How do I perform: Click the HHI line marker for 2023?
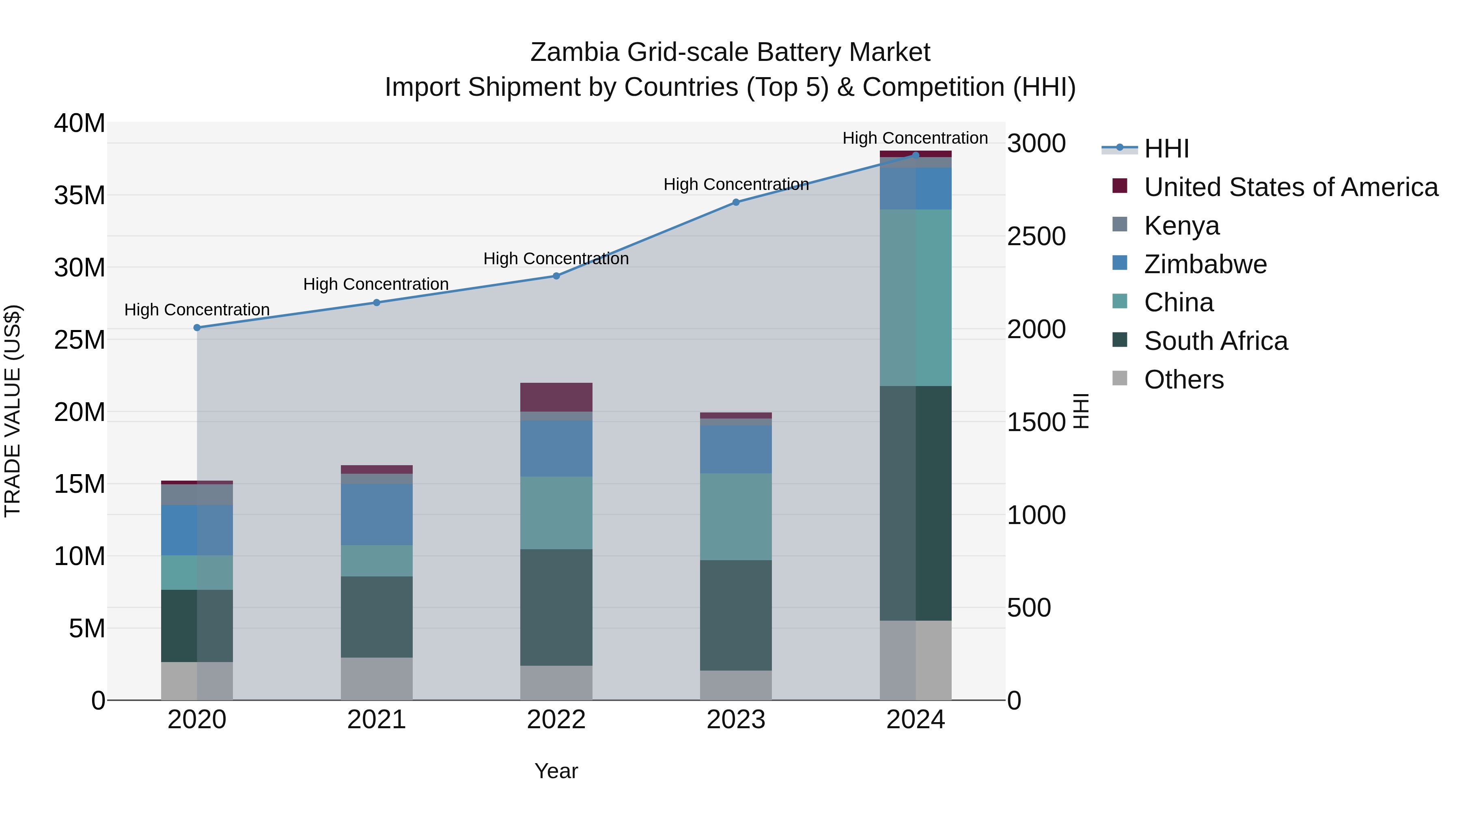(736, 202)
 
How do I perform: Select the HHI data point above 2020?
(197, 327)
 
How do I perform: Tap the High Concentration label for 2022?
(556, 259)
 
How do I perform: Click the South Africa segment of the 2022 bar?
(556, 607)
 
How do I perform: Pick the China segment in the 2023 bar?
(736, 516)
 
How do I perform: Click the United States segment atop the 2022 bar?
(556, 397)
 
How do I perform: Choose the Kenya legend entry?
(1181, 226)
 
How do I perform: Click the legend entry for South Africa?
(1215, 341)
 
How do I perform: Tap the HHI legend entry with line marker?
(1166, 149)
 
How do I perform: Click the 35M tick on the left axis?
(80, 195)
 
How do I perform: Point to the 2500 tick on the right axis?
(1036, 237)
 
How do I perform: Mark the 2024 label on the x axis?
(916, 720)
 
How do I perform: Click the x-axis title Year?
(556, 771)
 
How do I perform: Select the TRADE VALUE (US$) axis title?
(13, 411)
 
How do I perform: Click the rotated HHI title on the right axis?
(1081, 411)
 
